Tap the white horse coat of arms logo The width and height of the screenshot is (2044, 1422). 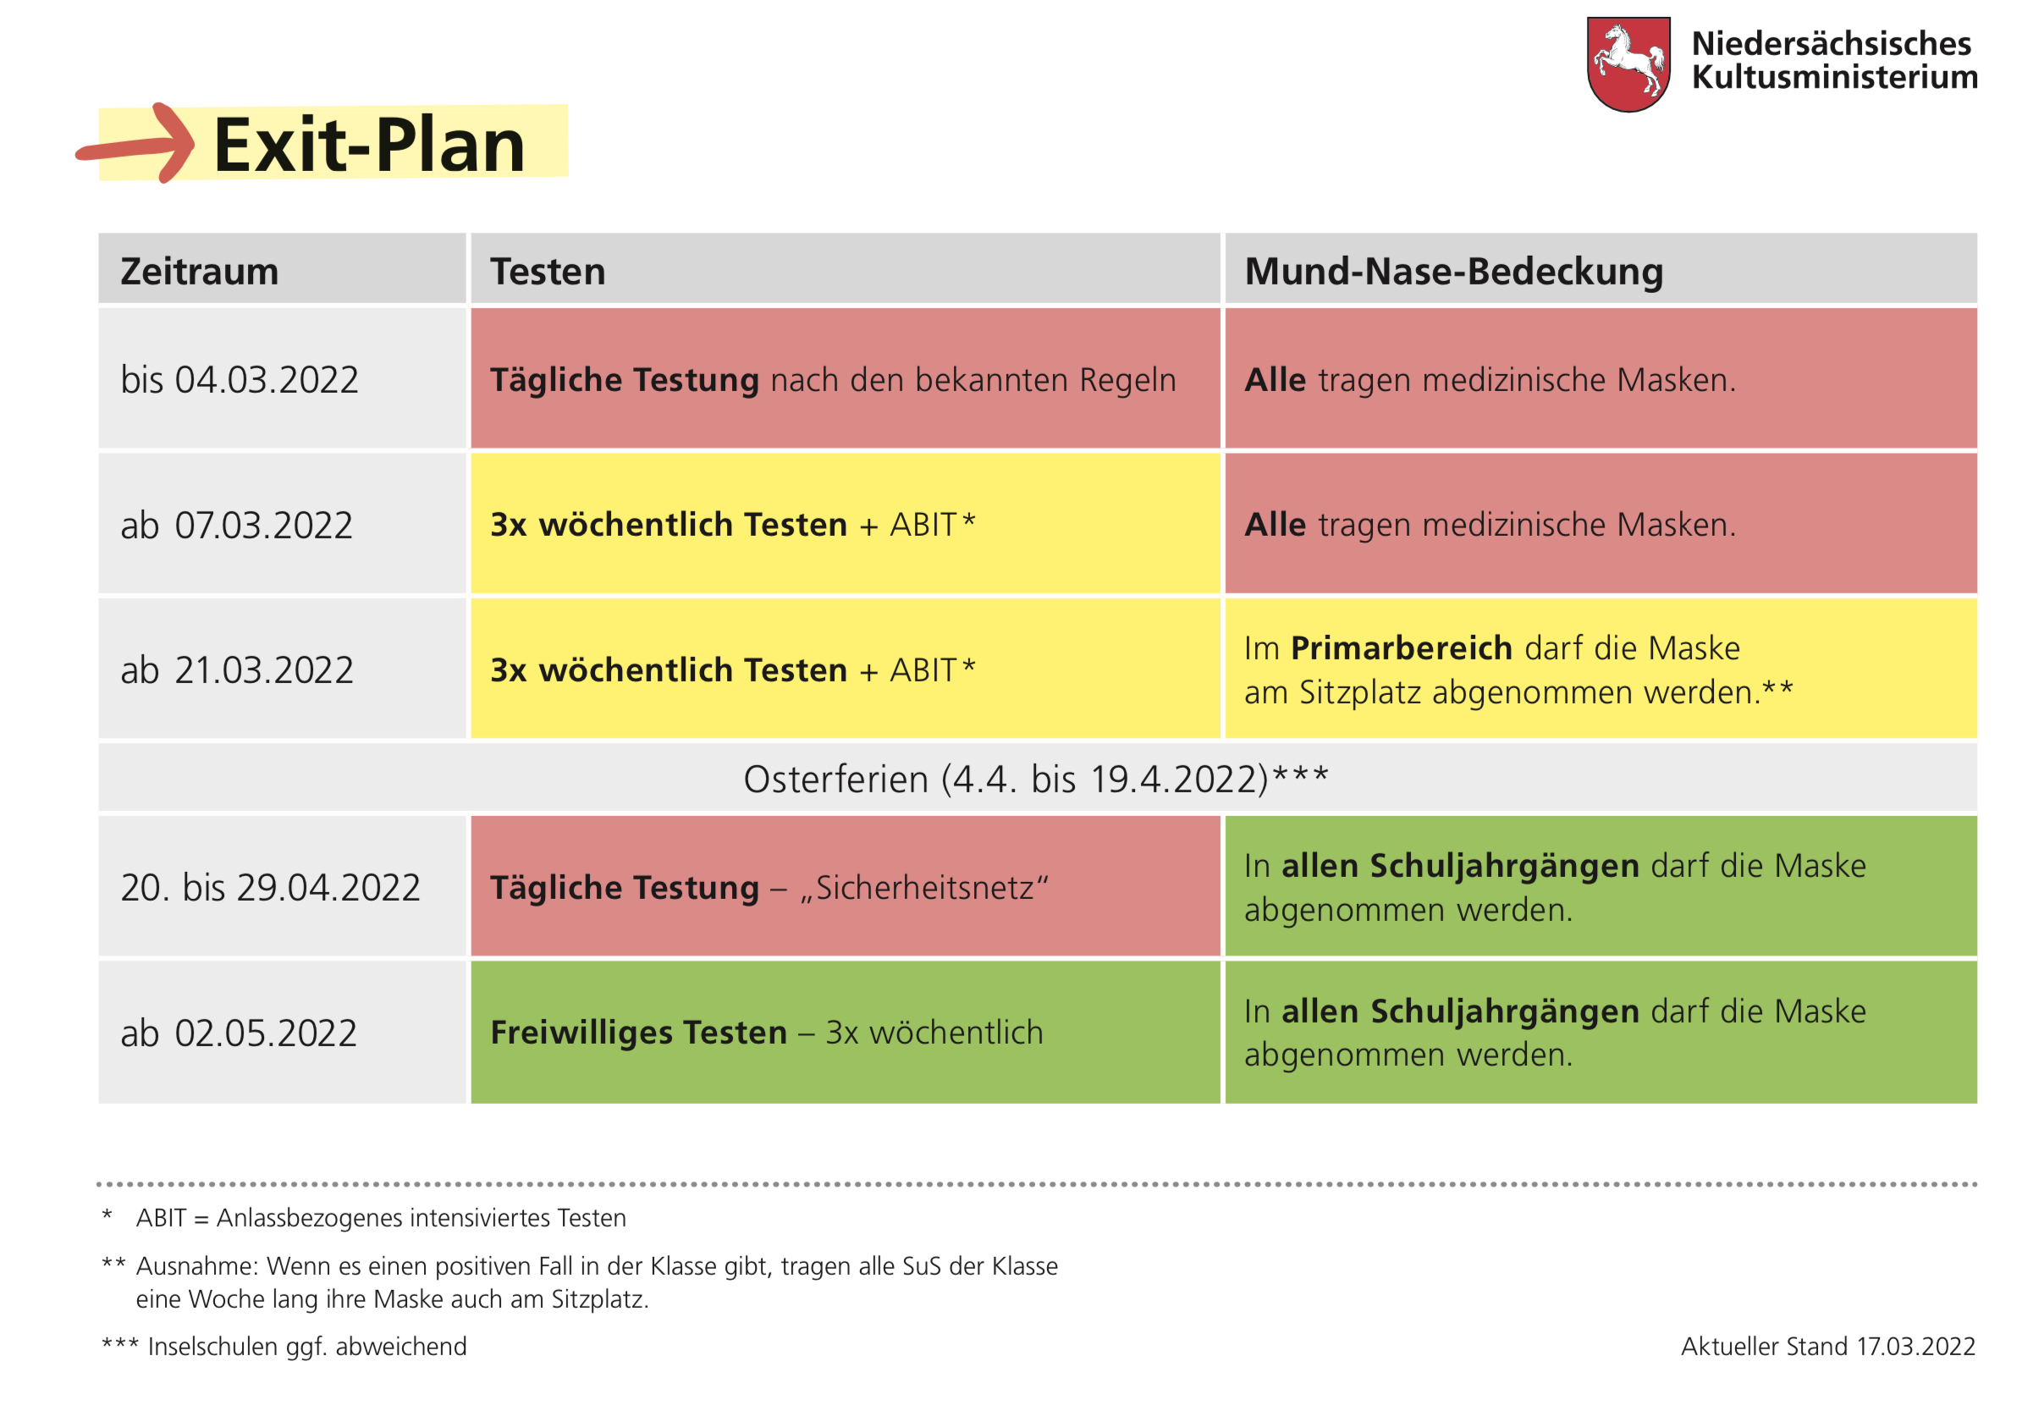click(1628, 63)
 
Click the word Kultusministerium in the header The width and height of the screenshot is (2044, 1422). click(1834, 78)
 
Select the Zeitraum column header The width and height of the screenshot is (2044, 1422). click(200, 272)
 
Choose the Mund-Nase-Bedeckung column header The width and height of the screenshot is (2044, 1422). click(1453, 272)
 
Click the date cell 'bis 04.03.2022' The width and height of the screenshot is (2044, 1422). click(240, 380)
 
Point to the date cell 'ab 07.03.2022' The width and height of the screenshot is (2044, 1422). click(237, 526)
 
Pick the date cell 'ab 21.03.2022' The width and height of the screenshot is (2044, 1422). click(237, 670)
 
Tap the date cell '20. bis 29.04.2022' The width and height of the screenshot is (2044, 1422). click(270, 888)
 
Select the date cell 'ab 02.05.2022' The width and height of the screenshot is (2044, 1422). click(239, 1033)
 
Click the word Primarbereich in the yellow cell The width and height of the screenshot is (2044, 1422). click(1402, 648)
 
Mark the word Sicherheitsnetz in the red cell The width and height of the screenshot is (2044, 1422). click(925, 888)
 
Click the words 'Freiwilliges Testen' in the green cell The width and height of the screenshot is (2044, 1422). click(638, 1033)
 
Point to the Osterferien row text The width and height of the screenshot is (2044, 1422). click(1035, 779)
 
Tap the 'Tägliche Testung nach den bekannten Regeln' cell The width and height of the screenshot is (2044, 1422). click(832, 380)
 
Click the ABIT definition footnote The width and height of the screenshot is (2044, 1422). click(381, 1217)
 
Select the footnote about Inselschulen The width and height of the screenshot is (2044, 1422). click(306, 1347)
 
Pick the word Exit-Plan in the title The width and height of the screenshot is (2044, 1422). click(370, 144)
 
